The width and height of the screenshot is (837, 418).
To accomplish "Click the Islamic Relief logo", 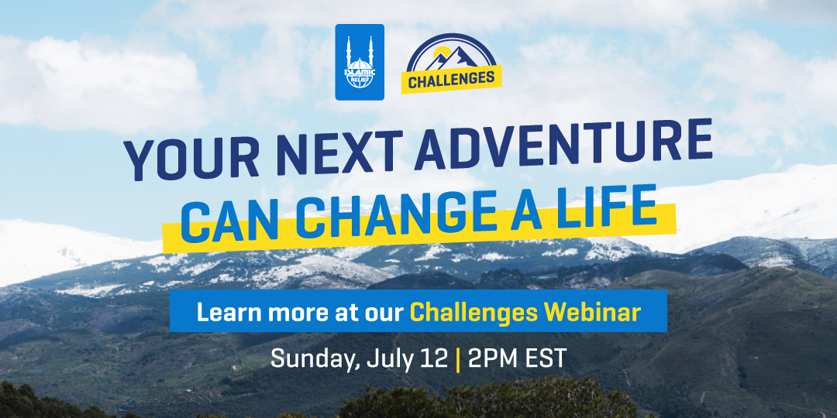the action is (360, 62).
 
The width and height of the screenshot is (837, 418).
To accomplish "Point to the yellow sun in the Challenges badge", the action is (440, 53).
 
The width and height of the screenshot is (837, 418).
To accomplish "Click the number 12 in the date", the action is (435, 359).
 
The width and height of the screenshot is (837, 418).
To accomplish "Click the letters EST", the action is (545, 359).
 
